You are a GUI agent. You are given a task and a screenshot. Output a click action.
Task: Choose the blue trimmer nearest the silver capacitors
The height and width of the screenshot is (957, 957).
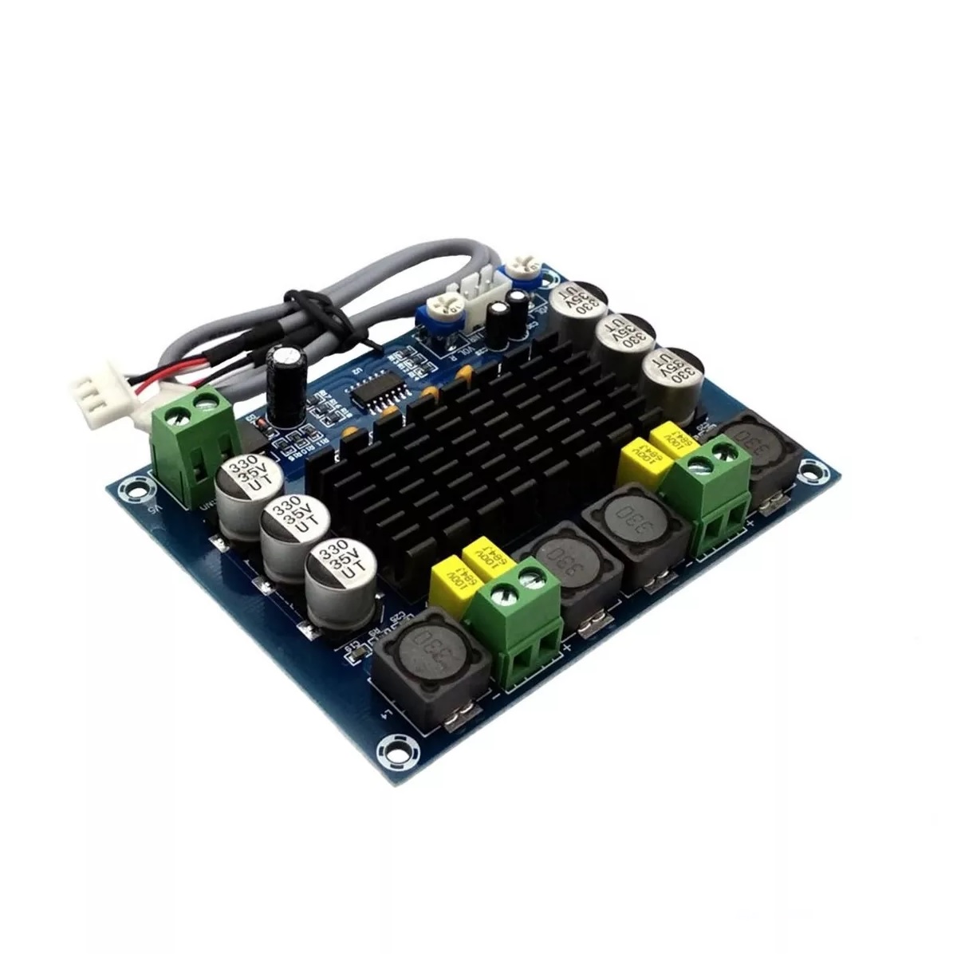click(x=523, y=271)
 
